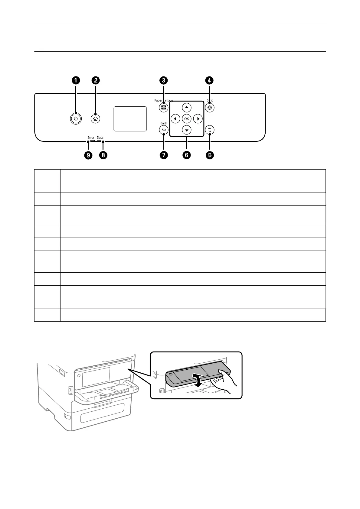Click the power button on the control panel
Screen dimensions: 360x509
coord(76,119)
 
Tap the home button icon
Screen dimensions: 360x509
coord(96,119)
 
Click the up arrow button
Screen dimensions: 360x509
coord(187,107)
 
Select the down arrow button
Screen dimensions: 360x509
coord(187,130)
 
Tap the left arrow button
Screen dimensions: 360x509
coord(175,119)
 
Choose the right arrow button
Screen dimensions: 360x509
coord(198,119)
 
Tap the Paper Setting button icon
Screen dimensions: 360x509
coord(164,108)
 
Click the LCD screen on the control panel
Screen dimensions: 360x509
coord(130,119)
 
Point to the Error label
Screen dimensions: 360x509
coord(91,138)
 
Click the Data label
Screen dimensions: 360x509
coord(100,138)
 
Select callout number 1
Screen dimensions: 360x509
coord(76,80)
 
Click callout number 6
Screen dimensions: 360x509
coord(186,155)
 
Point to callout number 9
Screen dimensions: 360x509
coord(88,155)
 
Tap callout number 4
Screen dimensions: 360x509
coord(209,80)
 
